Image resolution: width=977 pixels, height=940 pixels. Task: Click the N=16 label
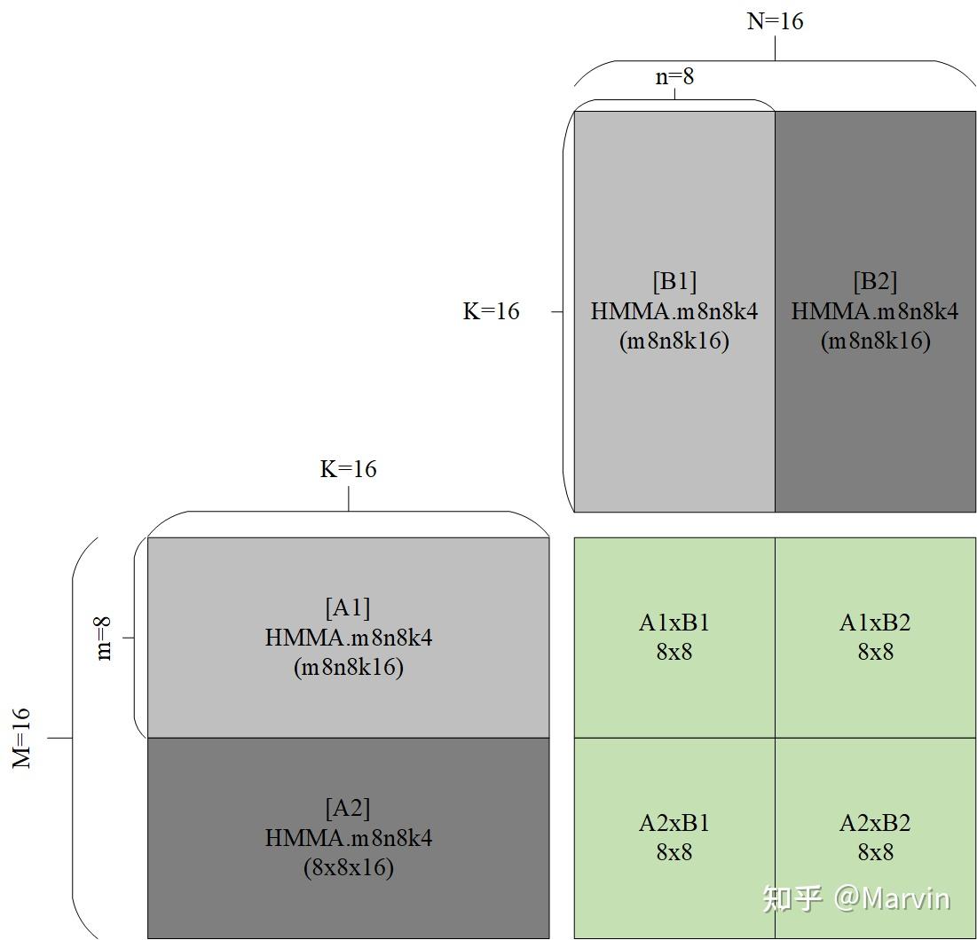pos(775,21)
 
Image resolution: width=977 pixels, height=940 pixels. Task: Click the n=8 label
pos(674,77)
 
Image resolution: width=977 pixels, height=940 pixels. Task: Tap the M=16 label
pos(21,738)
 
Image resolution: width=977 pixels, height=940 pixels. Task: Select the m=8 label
pos(104,638)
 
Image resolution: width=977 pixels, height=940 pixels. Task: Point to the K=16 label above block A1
pos(348,469)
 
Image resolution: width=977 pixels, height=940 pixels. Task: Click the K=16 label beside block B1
pos(491,311)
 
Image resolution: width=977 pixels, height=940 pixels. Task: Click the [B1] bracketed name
pos(674,282)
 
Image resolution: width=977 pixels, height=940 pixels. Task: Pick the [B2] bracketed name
pos(875,282)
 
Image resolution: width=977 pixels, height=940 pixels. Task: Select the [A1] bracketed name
pos(348,608)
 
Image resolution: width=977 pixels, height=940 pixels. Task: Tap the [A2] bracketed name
pos(348,809)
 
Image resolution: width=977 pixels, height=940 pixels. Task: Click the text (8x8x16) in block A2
pos(348,867)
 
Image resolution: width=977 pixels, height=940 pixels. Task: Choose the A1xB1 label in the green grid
pos(674,623)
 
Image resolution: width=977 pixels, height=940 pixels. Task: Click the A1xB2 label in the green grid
pos(875,623)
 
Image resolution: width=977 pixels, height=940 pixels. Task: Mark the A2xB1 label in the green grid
pos(674,823)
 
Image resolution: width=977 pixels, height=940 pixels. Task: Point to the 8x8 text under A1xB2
pos(875,652)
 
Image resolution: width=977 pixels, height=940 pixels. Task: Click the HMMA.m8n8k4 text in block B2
pos(875,311)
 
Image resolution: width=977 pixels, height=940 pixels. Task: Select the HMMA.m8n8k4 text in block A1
pos(348,638)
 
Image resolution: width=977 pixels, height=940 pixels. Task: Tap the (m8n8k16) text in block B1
pos(674,341)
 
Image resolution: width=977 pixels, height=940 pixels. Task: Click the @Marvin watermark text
pos(891,898)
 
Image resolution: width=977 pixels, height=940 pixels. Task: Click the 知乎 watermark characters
pos(792,898)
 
